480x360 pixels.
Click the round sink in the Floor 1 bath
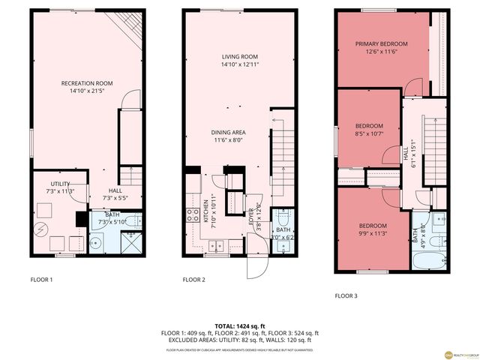click(97, 243)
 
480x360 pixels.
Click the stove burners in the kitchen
click(187, 216)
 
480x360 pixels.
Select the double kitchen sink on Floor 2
click(217, 244)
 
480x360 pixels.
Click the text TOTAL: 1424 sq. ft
click(239, 325)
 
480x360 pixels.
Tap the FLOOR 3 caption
click(346, 295)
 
